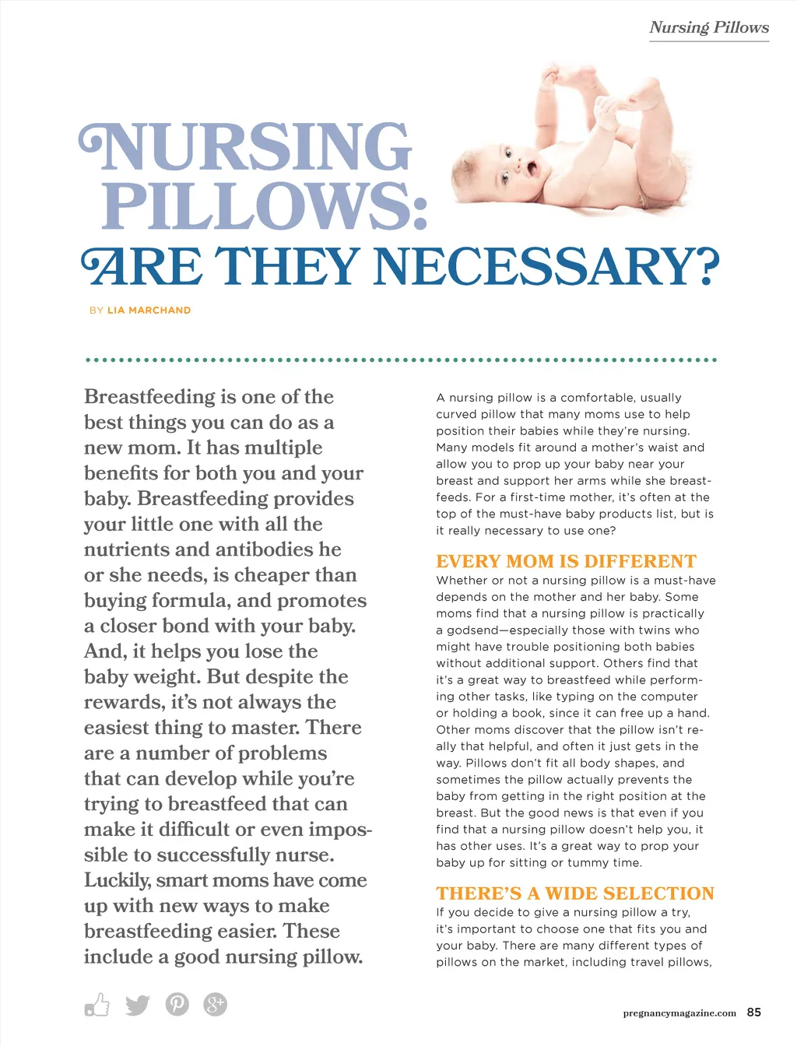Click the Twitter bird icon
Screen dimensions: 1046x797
coord(138,1005)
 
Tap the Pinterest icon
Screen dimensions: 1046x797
coord(177,1005)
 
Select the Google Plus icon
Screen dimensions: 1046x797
coord(215,1005)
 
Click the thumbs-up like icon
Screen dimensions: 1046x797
coord(97,1005)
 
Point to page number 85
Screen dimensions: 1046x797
coord(753,1013)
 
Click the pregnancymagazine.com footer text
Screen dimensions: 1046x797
coord(679,1013)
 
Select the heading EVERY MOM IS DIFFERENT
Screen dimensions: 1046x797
coord(566,561)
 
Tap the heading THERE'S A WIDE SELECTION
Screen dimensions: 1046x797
coord(575,893)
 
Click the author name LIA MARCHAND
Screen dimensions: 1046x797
coord(149,310)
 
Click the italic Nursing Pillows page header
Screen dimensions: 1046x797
coord(709,27)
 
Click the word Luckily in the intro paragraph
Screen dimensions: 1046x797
coord(117,880)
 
